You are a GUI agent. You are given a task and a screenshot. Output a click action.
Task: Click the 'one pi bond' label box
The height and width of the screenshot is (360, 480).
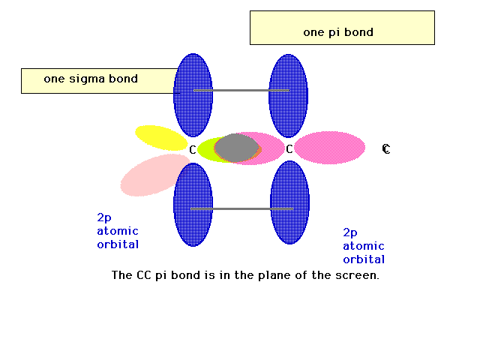[x=342, y=28]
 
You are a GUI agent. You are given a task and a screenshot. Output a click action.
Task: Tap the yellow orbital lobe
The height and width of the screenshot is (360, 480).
[x=161, y=138]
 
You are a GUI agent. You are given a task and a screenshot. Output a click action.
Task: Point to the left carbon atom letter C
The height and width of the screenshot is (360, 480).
[x=192, y=150]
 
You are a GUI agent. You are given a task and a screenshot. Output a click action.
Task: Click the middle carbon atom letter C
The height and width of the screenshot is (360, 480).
[x=289, y=149]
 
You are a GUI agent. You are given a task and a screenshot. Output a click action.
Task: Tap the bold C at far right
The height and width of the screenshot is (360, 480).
[x=386, y=149]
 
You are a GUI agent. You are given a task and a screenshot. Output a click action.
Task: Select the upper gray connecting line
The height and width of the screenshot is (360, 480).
[x=241, y=90]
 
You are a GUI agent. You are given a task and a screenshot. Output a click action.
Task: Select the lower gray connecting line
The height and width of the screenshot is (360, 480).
[x=241, y=208]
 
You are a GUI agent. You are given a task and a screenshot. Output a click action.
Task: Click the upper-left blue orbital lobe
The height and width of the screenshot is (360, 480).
[x=193, y=95]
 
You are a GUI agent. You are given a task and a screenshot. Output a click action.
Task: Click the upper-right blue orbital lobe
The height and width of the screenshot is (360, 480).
[x=288, y=96]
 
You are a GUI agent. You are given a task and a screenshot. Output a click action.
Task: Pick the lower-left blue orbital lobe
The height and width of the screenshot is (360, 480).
[x=193, y=205]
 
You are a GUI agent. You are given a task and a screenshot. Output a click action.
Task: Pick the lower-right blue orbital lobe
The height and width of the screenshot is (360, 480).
[x=289, y=202]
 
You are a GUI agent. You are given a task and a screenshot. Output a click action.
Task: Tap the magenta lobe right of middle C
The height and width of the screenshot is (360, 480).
[x=330, y=148]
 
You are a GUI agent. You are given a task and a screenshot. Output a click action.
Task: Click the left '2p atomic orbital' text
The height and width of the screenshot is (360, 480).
[x=118, y=231]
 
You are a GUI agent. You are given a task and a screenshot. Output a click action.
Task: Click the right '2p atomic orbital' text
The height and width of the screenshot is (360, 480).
[x=364, y=246]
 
